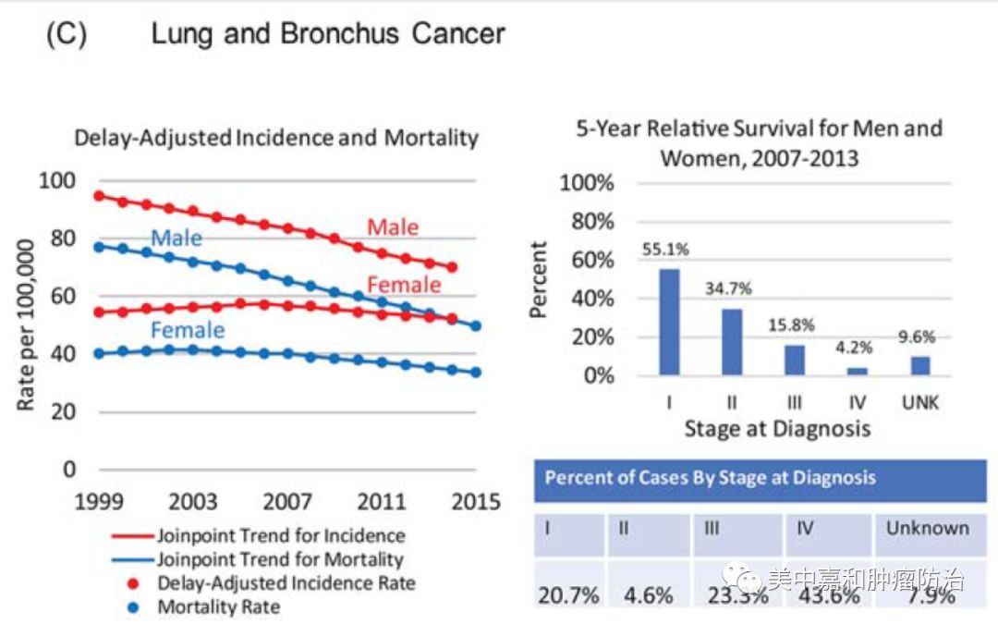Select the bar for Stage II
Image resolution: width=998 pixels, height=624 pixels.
[x=731, y=341]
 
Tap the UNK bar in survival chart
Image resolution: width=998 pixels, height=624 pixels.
[x=919, y=365]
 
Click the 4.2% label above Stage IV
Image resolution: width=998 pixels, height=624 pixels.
[x=858, y=350]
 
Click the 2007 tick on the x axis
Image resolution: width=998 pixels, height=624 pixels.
[x=287, y=501]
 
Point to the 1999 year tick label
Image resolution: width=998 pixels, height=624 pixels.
[x=99, y=501]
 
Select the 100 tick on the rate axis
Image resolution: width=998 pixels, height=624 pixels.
[x=57, y=180]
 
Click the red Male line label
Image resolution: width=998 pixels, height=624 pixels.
[x=393, y=227]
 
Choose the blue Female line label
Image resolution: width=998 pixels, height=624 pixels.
[x=188, y=330]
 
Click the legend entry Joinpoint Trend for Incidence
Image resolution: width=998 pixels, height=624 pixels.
[x=280, y=535]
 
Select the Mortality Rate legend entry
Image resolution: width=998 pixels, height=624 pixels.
[x=218, y=607]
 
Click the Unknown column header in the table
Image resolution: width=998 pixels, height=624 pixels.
[x=927, y=529]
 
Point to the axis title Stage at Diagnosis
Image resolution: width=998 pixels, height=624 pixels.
[x=777, y=429]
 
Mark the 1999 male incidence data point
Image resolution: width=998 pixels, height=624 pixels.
[x=99, y=196]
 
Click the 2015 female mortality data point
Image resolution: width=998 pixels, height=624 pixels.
[x=476, y=373]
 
